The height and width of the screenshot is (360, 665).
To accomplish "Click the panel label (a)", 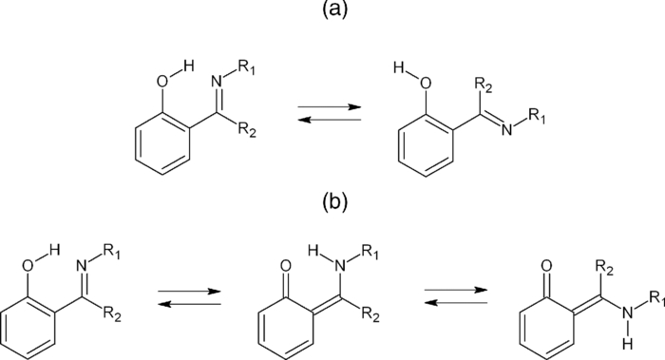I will click(x=332, y=13).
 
